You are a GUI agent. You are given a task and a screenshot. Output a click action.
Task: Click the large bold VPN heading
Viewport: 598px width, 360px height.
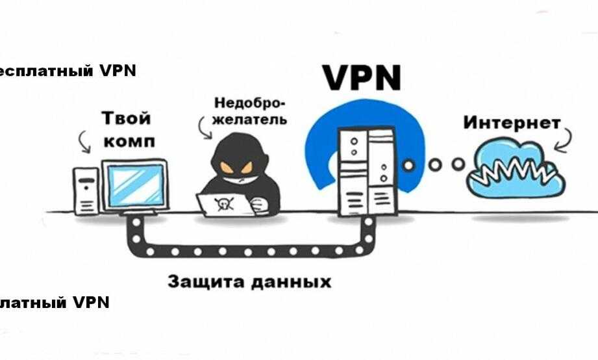[x=362, y=77]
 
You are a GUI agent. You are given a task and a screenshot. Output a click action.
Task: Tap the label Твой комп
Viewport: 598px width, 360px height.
[x=127, y=130]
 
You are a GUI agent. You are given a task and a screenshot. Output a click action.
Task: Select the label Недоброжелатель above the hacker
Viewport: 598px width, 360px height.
[x=250, y=112]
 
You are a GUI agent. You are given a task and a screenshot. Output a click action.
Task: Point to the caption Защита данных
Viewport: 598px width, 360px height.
[x=249, y=282]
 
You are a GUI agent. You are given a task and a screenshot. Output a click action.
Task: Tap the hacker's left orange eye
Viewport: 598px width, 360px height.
[x=227, y=168]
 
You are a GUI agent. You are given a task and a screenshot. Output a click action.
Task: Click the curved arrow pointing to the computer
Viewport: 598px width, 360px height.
[x=83, y=141]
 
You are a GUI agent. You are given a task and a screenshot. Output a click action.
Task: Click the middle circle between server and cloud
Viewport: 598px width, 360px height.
[x=434, y=164]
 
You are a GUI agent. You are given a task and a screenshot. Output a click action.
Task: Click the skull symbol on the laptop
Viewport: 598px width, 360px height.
[x=223, y=204]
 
